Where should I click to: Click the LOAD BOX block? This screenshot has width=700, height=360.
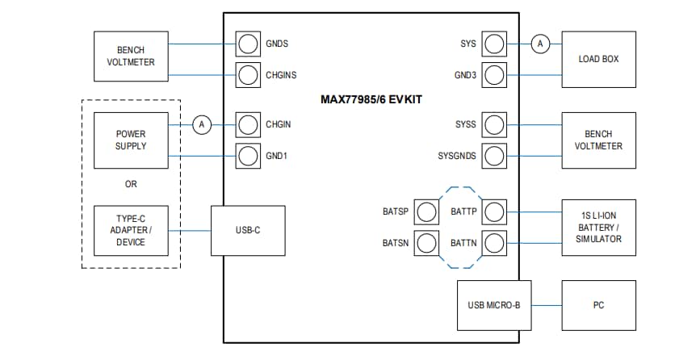[598, 59]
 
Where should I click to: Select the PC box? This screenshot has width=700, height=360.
[598, 305]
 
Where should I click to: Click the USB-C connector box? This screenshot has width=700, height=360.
[247, 230]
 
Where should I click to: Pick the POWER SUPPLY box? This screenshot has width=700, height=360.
[131, 140]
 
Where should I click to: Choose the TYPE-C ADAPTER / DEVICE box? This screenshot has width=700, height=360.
[131, 230]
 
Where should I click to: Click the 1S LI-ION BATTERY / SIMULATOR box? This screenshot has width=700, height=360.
[598, 227]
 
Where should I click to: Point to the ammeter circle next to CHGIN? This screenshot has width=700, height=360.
[203, 124]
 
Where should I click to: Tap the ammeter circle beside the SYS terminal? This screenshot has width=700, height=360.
[540, 44]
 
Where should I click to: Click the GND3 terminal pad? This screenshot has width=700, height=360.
[493, 74]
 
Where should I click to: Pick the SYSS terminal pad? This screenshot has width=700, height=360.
[493, 124]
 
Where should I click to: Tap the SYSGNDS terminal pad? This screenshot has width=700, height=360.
[493, 155]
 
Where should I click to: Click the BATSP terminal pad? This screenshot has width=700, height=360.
[426, 211]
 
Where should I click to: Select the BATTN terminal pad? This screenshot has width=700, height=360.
[493, 242]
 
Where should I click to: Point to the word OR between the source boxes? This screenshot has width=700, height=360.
[131, 184]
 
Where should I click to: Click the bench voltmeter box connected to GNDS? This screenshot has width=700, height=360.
[131, 57]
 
